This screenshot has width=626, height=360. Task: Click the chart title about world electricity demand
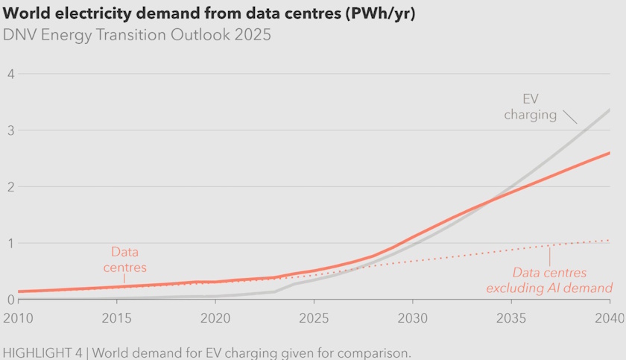(x=209, y=14)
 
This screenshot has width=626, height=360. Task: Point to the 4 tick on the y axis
(x=11, y=74)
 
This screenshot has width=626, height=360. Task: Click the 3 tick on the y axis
(x=11, y=130)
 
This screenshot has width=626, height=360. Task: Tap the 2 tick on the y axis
(x=11, y=187)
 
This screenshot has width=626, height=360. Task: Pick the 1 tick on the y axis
(x=11, y=243)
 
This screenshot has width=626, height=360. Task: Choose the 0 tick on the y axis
(x=11, y=300)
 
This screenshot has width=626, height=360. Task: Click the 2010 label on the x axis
(x=18, y=318)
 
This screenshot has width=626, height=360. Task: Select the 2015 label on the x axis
(x=116, y=318)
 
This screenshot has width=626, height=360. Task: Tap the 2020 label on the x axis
(x=215, y=318)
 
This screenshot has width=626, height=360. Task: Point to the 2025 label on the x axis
(x=314, y=318)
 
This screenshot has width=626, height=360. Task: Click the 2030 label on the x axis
(x=413, y=318)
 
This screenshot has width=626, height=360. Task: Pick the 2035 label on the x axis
(x=511, y=318)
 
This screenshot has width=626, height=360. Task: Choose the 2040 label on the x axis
(x=609, y=318)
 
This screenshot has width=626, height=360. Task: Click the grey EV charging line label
(x=530, y=107)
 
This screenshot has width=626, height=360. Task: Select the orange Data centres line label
(x=125, y=259)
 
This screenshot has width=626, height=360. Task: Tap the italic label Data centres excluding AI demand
(x=549, y=280)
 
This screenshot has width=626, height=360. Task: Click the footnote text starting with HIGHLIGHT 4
(x=206, y=351)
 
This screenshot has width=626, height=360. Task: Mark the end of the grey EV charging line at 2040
(x=610, y=110)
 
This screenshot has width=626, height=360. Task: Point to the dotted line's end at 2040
(x=610, y=240)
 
